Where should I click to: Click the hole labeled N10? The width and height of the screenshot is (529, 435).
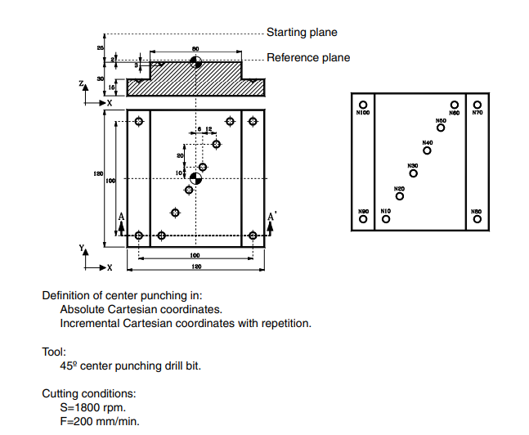click(385, 219)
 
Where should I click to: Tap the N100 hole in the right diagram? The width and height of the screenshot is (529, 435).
click(362, 104)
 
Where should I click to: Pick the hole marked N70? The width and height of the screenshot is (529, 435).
click(477, 104)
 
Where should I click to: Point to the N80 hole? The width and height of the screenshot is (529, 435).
click(477, 219)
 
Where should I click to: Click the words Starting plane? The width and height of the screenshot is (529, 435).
click(302, 33)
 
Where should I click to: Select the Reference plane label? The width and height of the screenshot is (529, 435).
click(308, 58)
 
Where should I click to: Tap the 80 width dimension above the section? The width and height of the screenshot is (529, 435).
click(195, 49)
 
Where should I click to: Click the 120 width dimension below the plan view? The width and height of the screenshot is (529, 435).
click(195, 267)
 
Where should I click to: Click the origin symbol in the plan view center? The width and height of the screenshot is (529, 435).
click(195, 178)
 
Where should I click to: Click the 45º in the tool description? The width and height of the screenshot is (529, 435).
click(68, 365)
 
